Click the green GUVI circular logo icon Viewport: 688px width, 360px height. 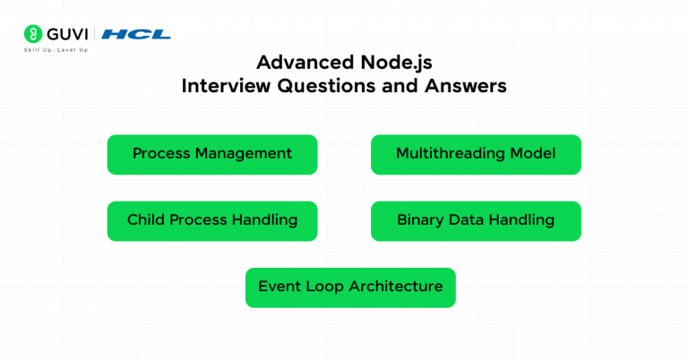coord(33,34)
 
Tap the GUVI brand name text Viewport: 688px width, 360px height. coord(67,34)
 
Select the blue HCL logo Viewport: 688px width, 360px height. coord(136,34)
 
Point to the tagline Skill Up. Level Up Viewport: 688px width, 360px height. coord(56,50)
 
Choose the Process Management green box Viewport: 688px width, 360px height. coord(212,154)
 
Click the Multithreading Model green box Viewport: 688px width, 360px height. coord(476,154)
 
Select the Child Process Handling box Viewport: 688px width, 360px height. coord(212,220)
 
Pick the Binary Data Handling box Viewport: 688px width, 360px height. coord(476,220)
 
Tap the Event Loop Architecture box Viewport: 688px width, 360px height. coord(350,287)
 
